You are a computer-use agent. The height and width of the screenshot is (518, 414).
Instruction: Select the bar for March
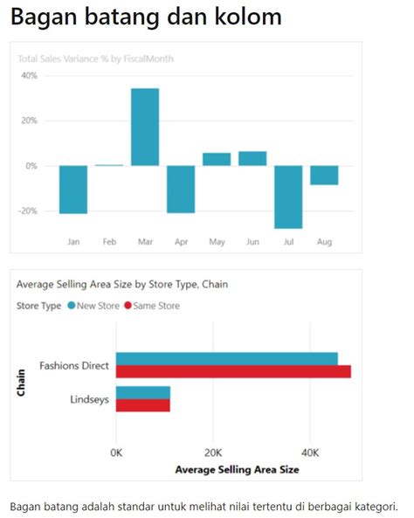[145, 127]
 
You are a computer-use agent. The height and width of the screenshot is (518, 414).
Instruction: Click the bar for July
[288, 197]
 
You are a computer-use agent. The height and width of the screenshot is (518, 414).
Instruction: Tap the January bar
[73, 189]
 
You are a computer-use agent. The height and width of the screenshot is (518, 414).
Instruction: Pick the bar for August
[324, 175]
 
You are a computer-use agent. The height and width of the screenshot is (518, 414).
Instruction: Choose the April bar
[181, 189]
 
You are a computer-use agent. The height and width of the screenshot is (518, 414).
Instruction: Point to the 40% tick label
[29, 76]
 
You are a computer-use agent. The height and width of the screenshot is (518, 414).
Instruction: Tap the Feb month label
[109, 241]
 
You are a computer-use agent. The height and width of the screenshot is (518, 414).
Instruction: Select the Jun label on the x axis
[252, 241]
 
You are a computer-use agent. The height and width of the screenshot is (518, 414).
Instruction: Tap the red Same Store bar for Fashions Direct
[233, 372]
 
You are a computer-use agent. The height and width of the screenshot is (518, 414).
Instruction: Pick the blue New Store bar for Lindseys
[143, 392]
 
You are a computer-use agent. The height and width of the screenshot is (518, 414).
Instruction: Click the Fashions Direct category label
[74, 365]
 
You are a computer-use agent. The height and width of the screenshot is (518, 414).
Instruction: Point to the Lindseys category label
[88, 399]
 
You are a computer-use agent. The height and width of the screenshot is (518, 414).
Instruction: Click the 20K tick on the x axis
[213, 452]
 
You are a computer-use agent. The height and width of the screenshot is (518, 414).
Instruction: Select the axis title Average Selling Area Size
[237, 469]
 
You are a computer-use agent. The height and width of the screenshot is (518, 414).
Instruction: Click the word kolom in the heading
[244, 17]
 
